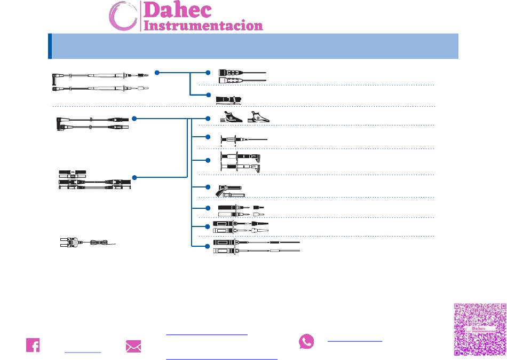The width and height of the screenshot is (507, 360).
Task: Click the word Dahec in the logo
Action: point(178,10)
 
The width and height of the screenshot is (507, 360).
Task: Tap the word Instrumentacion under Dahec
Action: point(203,26)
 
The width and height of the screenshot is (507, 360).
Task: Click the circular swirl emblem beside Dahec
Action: point(123,16)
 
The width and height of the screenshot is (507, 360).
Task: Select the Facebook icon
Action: point(33,345)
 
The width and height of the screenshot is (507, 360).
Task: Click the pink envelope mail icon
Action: point(133,346)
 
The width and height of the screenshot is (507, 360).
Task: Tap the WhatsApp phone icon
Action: point(306,341)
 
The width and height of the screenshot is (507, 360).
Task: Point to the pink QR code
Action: point(480,329)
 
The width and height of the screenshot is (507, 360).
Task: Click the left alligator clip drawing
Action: point(231,117)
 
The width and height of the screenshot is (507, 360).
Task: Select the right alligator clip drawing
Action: point(259,117)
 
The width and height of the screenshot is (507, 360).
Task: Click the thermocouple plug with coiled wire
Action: point(88,242)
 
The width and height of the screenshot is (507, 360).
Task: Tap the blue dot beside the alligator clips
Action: point(208,119)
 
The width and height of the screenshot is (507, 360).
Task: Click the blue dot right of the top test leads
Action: point(157,73)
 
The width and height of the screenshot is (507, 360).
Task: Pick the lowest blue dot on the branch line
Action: point(208,246)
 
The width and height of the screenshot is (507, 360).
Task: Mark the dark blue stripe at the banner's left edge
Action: point(50,46)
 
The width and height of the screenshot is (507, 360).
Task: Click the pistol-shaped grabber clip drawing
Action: point(229,191)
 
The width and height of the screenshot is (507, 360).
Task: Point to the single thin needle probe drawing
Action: point(244,139)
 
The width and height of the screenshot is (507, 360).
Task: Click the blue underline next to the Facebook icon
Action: point(83,352)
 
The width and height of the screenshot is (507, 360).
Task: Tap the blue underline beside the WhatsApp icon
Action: point(355,341)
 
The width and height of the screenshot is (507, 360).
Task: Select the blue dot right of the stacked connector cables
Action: point(134,177)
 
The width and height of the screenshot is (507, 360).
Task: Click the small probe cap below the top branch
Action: point(229,100)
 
